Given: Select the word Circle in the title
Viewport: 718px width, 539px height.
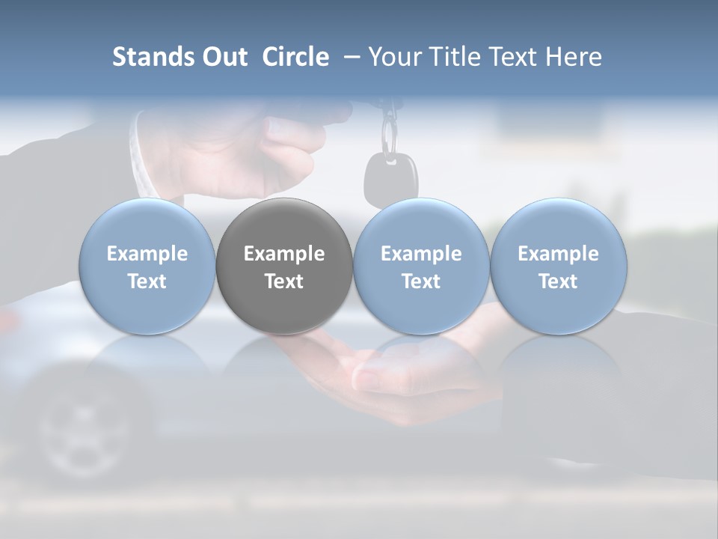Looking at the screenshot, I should pos(295,57).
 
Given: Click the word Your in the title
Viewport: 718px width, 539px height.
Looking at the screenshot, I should pos(393,57).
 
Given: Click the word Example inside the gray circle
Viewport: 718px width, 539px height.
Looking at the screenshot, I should pos(284,254).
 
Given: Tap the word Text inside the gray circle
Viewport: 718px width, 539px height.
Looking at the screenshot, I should pos(284,281).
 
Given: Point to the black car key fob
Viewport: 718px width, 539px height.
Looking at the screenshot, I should pos(390,177).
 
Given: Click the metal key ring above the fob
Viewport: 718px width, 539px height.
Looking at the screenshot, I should pos(389,135).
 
